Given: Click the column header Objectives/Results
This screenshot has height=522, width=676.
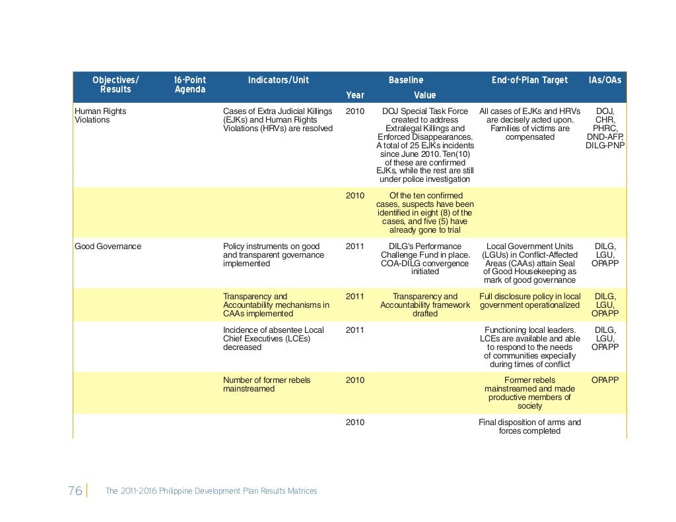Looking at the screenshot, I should point(116,85).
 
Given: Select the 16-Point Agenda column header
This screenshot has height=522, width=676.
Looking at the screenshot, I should point(189,85).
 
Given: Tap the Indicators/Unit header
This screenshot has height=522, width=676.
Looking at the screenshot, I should point(278,80).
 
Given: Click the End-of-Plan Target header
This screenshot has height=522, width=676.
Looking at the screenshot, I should point(529,80).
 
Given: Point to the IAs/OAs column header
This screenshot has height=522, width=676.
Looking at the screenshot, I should point(605,80).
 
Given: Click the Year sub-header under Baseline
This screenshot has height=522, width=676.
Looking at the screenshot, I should point(355,96).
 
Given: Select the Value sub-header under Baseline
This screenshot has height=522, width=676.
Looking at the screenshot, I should point(424,96).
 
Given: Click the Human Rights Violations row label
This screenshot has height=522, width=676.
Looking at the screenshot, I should point(100,116).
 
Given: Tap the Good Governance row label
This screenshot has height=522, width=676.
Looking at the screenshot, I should point(108,246).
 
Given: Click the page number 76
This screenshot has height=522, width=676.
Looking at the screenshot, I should point(75,491).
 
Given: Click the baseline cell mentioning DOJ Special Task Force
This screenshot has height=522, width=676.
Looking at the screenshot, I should point(425,146).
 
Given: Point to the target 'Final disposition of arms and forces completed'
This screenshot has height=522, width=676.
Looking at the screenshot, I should point(529,426).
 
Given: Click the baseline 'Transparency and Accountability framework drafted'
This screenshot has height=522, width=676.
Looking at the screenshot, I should point(425,305).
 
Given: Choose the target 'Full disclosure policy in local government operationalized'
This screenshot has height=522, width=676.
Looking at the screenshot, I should point(529,301).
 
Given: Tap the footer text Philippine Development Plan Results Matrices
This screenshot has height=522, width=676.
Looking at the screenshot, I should point(211,492).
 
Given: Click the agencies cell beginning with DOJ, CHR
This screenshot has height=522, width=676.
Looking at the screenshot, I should point(605,129).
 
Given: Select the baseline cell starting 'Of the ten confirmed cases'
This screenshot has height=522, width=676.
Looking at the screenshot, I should point(425,213).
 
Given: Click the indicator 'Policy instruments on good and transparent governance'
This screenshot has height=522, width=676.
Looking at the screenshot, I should point(273,254).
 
